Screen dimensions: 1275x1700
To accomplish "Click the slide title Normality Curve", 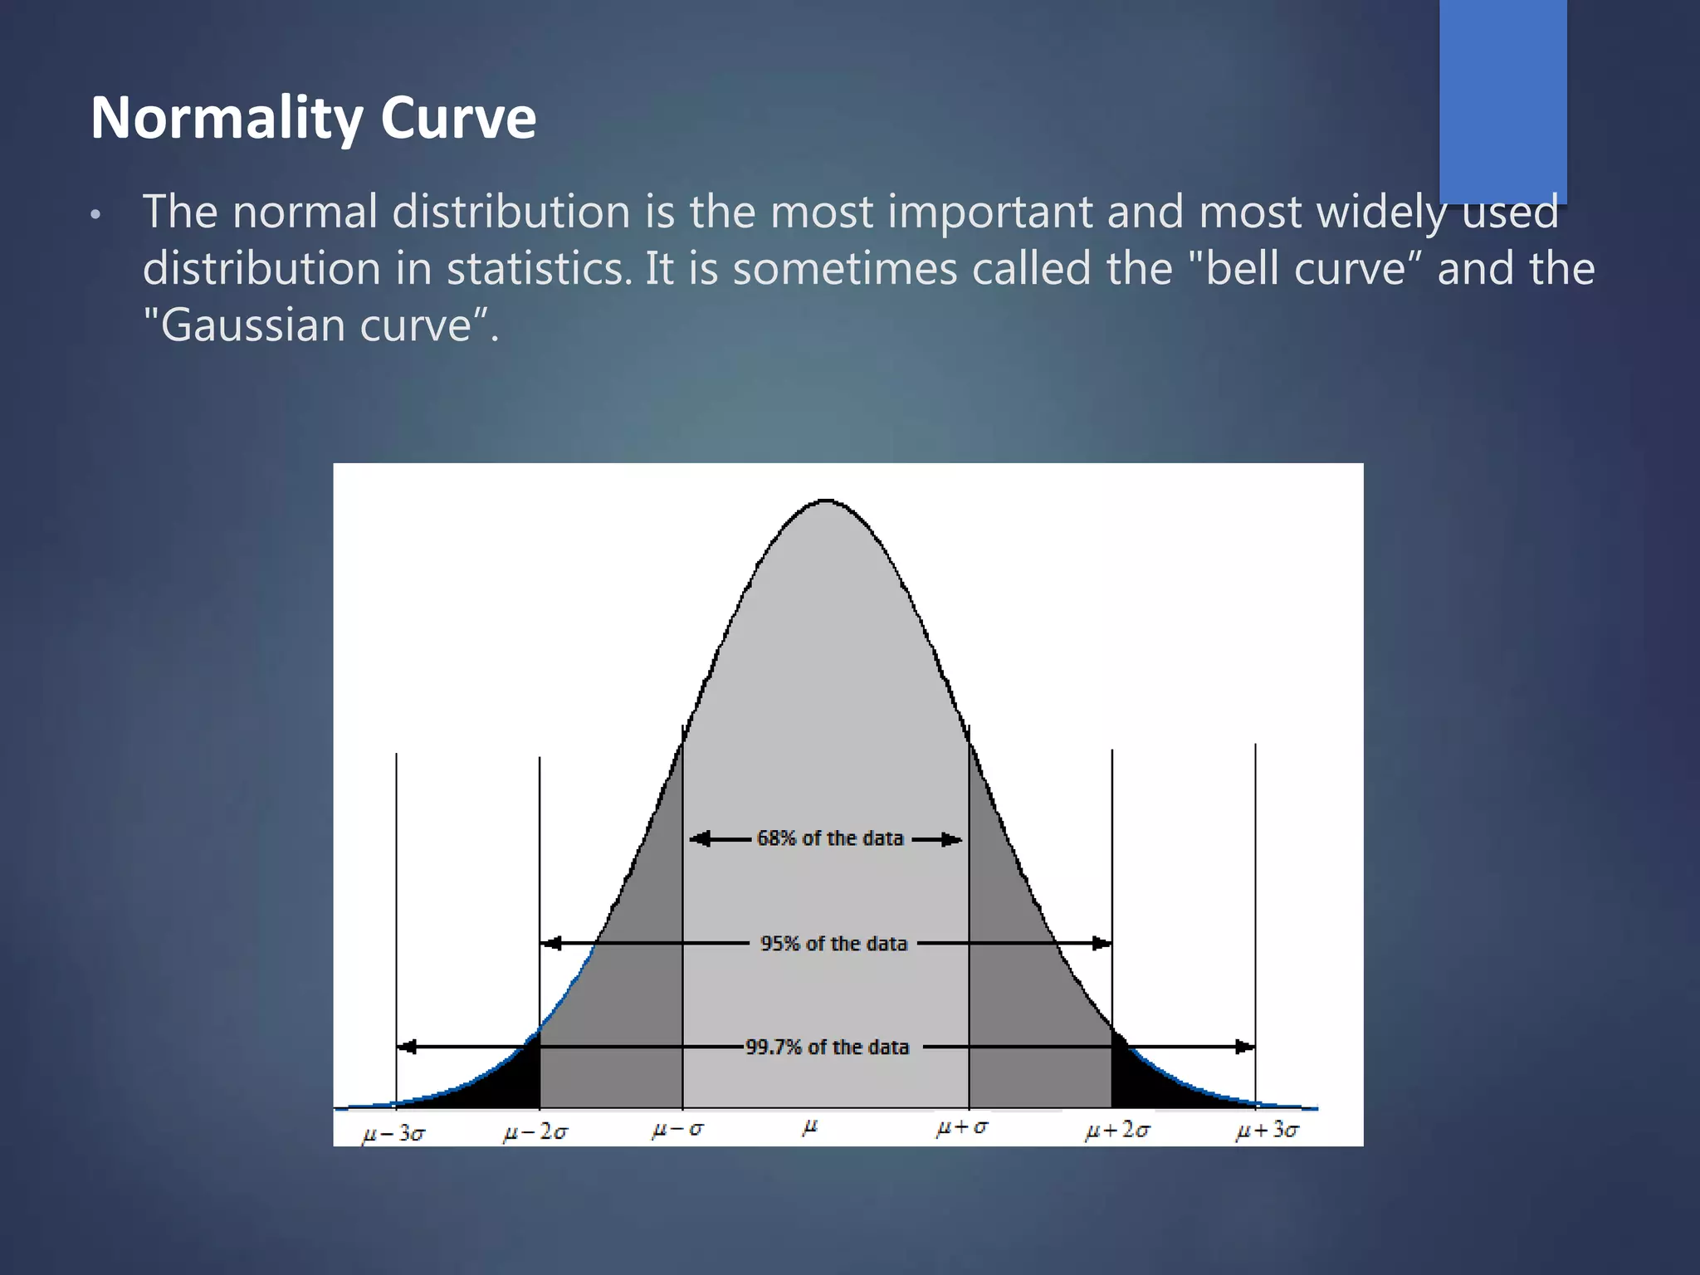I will click(x=313, y=118).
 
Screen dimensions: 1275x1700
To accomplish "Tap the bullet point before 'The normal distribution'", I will click(x=95, y=216).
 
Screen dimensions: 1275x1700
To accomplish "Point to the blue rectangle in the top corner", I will click(x=1502, y=100).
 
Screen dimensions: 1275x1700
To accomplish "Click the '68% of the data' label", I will click(x=829, y=838).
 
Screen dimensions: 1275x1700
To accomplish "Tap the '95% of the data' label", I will click(x=833, y=944).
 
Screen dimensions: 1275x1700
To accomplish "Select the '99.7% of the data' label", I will click(x=827, y=1048).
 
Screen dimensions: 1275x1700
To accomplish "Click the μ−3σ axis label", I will click(x=393, y=1133).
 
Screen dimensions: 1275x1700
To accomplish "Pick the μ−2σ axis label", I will click(x=535, y=1132).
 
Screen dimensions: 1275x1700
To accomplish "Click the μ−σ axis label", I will click(x=677, y=1130).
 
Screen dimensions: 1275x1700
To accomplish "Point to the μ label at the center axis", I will click(x=810, y=1127).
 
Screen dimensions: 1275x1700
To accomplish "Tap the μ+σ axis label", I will click(x=962, y=1128).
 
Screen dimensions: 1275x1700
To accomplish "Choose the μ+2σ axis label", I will click(x=1117, y=1131).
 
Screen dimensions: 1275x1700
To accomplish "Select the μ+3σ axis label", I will click(x=1267, y=1131).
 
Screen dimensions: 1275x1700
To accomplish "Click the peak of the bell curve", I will click(x=826, y=501).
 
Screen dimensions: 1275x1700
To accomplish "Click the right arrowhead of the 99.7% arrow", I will click(x=1244, y=1048).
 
